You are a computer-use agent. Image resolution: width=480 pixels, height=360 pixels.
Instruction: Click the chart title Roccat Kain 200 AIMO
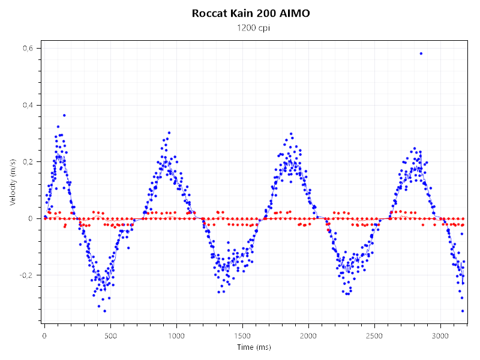click(251, 13)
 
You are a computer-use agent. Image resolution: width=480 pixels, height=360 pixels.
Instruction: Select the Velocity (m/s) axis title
click(13, 183)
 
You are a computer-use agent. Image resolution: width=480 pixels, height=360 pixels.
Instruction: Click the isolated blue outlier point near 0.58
click(421, 53)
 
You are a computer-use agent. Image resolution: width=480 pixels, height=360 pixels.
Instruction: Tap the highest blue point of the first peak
click(64, 115)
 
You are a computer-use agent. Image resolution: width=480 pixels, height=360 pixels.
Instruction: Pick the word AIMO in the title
click(293, 13)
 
